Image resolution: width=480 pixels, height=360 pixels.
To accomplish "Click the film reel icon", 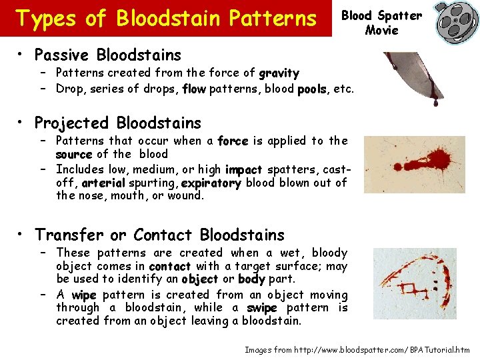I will pyautogui.click(x=457, y=22).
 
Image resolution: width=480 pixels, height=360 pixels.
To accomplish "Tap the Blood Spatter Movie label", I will pyautogui.click(x=382, y=23).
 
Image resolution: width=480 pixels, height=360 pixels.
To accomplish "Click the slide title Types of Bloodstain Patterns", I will pyautogui.click(x=166, y=19).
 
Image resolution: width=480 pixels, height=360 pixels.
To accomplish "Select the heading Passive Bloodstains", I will pyautogui.click(x=107, y=55).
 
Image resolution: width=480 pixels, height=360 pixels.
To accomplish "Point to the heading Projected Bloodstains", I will pyautogui.click(x=117, y=123).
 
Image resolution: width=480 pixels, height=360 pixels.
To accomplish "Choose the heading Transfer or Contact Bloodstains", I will pyautogui.click(x=159, y=235).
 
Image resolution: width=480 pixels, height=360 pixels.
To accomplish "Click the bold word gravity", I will pyautogui.click(x=279, y=73).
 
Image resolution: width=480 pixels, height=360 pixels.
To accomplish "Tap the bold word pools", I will pyautogui.click(x=313, y=89).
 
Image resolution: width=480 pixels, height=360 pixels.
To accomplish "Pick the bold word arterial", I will pyautogui.click(x=103, y=183).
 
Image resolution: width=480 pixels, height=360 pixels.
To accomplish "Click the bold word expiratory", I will pyautogui.click(x=210, y=183).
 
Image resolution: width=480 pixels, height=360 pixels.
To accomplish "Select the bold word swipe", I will pyautogui.click(x=261, y=308).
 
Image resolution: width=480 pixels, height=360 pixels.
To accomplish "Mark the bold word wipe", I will pyautogui.click(x=84, y=295).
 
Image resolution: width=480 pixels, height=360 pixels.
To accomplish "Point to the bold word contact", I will pyautogui.click(x=171, y=266).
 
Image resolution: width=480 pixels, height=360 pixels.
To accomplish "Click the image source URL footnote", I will pyautogui.click(x=357, y=349).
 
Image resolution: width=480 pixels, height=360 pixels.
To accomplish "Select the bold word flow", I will pyautogui.click(x=193, y=89).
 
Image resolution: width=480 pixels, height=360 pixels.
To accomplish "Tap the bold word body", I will pyautogui.click(x=251, y=279).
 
